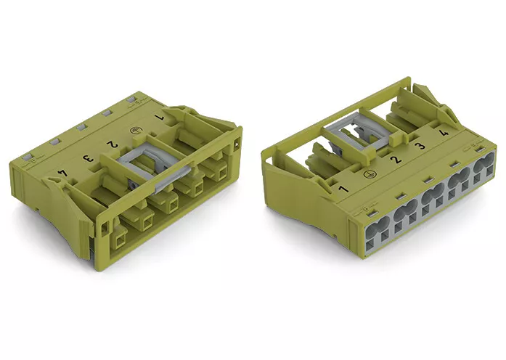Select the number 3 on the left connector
(x=87, y=159)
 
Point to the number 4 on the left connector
(x=62, y=173)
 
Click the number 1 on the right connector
(x=343, y=189)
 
